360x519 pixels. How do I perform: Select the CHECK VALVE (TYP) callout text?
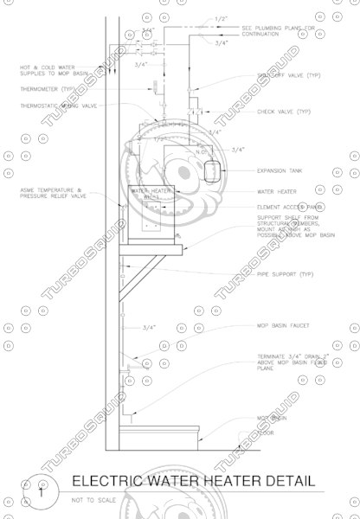pos(283,112)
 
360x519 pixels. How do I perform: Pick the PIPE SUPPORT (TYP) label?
pos(285,274)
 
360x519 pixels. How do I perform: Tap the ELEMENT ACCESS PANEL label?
pos(290,208)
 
